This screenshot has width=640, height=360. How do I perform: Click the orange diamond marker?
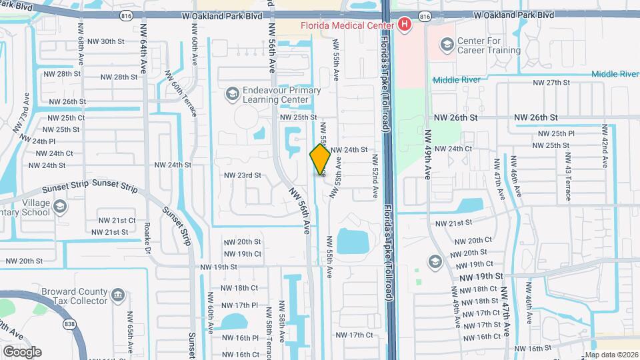point(320,159)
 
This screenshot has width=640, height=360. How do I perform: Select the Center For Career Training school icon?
point(447,45)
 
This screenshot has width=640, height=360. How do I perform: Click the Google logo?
point(22,351)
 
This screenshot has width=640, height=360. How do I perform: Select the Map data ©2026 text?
point(611,355)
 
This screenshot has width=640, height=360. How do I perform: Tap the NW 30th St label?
point(103,41)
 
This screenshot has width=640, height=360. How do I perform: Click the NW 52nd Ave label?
point(376,175)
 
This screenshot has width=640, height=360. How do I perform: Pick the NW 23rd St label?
point(242,176)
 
